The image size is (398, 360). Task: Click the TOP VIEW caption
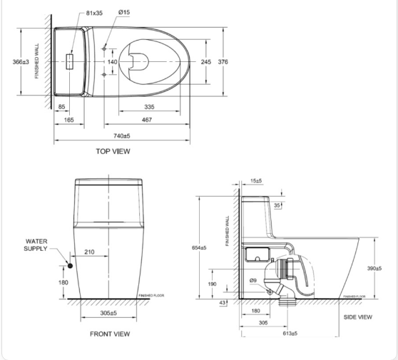(x=113, y=151)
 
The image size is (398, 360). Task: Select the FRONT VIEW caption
(x=109, y=334)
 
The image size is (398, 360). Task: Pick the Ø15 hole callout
(x=123, y=13)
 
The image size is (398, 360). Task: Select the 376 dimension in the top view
(x=223, y=62)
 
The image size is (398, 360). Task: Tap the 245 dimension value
(x=205, y=62)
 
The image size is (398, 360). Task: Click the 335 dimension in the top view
(x=149, y=106)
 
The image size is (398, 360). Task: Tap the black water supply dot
(x=70, y=266)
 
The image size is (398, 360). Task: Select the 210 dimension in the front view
(x=90, y=252)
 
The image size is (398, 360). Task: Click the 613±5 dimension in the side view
(x=290, y=333)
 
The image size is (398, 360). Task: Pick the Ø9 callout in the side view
(x=253, y=280)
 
